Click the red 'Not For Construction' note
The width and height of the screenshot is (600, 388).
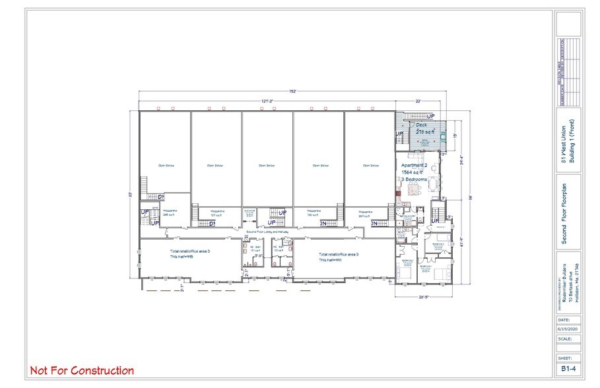[82, 371]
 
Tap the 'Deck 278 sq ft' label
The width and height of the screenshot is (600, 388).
[422, 129]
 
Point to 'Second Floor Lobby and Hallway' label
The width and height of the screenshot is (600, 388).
[269, 232]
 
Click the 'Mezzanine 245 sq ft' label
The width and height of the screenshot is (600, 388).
[170, 213]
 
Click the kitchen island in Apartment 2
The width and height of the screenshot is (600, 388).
[415, 190]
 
